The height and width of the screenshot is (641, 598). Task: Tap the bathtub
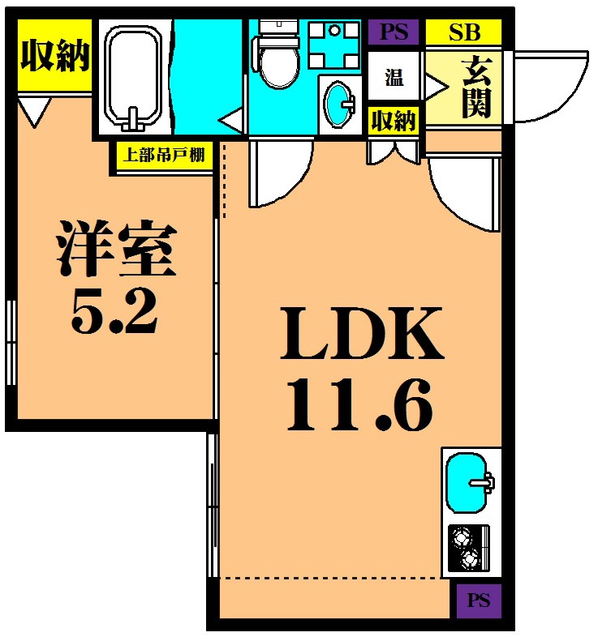click(x=133, y=77)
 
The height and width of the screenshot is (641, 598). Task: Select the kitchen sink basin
click(x=468, y=482)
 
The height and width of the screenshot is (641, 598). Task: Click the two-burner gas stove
click(x=469, y=548)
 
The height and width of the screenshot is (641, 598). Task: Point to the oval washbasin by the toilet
click(x=339, y=104)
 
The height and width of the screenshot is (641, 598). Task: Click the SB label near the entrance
click(x=464, y=32)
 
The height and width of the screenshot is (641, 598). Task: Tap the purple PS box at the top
click(x=394, y=32)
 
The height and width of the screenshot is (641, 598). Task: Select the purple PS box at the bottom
click(x=479, y=600)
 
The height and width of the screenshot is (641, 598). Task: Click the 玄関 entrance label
click(x=476, y=87)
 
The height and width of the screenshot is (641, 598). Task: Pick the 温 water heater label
click(x=394, y=77)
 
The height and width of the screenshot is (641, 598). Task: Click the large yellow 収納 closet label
click(x=55, y=55)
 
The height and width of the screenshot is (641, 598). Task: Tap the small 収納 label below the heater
click(x=394, y=121)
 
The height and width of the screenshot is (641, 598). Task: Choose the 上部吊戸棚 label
click(x=164, y=155)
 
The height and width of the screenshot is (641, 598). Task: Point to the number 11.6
click(x=359, y=405)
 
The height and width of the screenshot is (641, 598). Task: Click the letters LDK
click(x=362, y=334)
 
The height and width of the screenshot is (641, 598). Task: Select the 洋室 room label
click(x=116, y=248)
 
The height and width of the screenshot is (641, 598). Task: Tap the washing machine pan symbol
click(x=334, y=45)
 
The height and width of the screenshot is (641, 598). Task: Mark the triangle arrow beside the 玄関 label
click(x=437, y=87)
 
